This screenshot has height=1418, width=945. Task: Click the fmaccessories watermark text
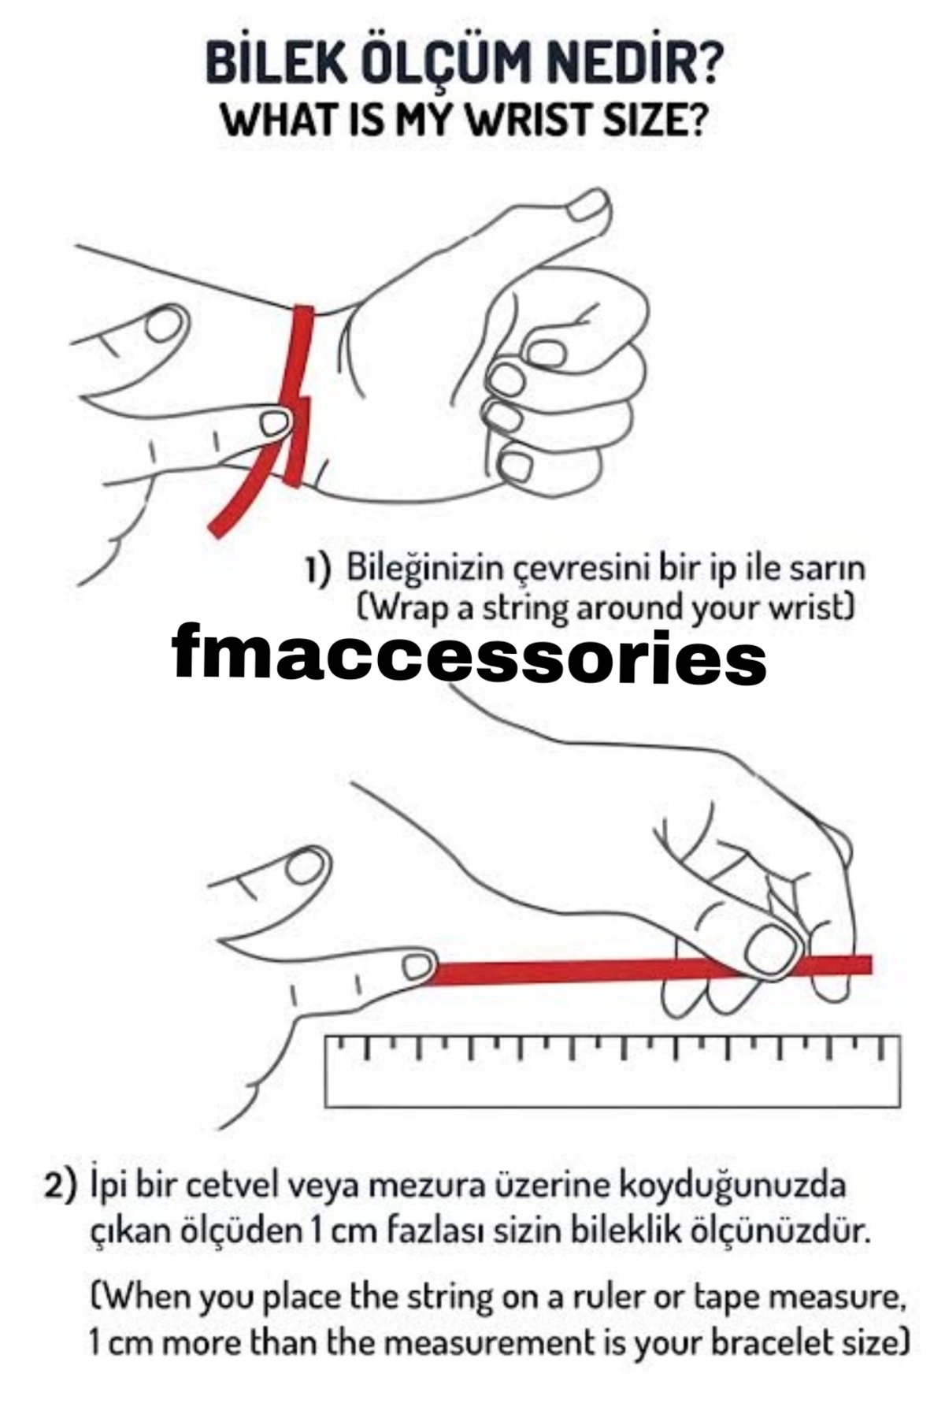click(x=469, y=654)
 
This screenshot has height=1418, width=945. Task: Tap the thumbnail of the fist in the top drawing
click(x=591, y=208)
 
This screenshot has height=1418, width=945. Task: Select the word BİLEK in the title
click(x=276, y=64)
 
